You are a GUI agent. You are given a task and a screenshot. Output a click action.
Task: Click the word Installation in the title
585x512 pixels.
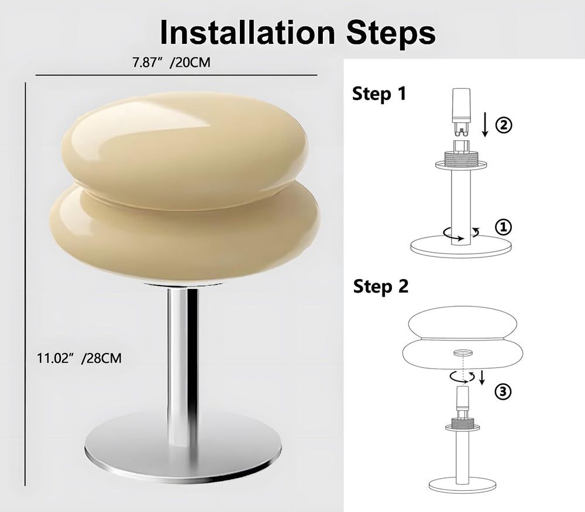tap(247, 32)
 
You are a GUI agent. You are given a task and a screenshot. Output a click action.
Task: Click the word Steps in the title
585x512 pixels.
tap(391, 33)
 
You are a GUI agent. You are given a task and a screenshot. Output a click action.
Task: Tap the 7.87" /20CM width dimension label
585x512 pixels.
tap(171, 63)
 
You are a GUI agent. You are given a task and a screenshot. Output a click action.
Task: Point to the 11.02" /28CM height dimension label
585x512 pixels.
tap(79, 358)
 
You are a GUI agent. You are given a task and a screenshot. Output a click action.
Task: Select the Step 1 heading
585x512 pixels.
tap(378, 93)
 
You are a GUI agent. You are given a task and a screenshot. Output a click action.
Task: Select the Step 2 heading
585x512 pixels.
tap(381, 286)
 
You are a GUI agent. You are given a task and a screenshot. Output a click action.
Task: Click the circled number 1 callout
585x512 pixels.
tap(503, 227)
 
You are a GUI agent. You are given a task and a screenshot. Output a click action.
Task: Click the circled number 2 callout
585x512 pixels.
tap(503, 125)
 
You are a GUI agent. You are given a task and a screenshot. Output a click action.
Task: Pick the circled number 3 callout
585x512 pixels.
tap(503, 391)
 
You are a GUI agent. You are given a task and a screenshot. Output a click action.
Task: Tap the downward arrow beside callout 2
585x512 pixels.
tap(485, 126)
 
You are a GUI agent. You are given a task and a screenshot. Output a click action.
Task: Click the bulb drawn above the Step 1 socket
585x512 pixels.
tap(462, 112)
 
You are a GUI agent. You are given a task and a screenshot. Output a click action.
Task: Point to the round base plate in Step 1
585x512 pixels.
tap(461, 246)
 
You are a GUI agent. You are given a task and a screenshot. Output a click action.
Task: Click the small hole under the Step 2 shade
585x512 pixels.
tap(463, 352)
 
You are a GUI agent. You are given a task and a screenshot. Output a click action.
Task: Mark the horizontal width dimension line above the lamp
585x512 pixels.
tap(177, 75)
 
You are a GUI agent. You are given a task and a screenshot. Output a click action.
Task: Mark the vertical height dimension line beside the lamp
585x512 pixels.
tap(25, 284)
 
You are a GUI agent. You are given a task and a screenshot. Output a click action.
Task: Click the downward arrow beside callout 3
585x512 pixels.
tap(481, 377)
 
